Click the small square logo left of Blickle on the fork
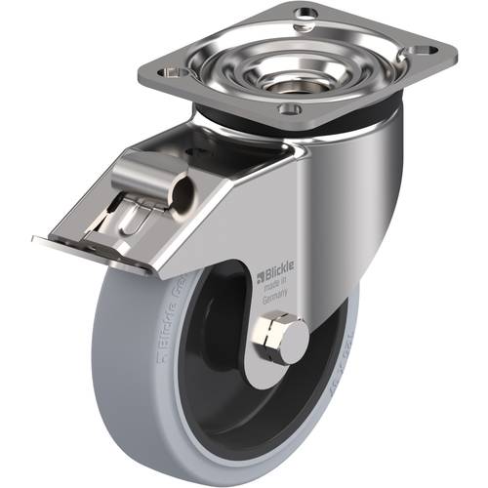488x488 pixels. coord(263,279)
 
